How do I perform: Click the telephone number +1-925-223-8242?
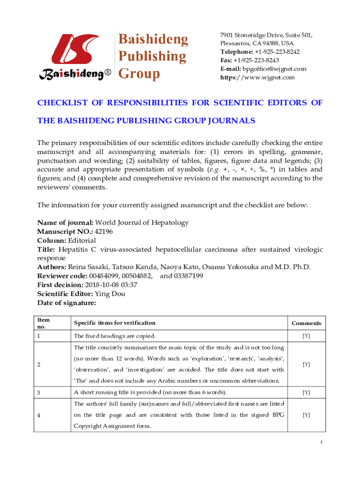coord(277,52)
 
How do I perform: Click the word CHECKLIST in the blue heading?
coord(64,103)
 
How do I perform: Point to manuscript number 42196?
coord(103,231)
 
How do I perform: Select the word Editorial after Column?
coord(82,240)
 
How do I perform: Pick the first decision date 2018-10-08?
coord(102,284)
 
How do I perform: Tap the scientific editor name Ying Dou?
coord(110,294)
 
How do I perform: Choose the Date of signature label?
coord(66,303)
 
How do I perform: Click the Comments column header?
coord(306,323)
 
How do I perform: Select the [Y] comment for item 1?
coord(306,336)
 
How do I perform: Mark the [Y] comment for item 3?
coord(306,392)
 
